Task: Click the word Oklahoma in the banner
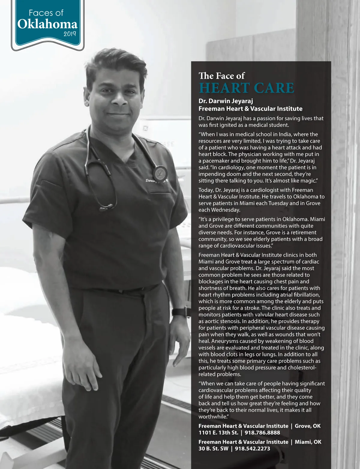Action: [x=47, y=24]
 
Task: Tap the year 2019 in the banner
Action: [x=70, y=34]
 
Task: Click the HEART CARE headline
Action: [x=246, y=88]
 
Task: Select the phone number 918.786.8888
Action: [x=262, y=433]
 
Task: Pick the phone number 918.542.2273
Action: [x=252, y=449]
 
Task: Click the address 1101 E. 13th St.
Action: [x=218, y=433]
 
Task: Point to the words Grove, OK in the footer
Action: [x=307, y=426]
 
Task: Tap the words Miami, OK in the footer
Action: [x=308, y=442]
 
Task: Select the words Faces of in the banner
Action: [x=46, y=13]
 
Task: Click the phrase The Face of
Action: [x=221, y=76]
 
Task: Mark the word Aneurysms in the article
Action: [x=224, y=341]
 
